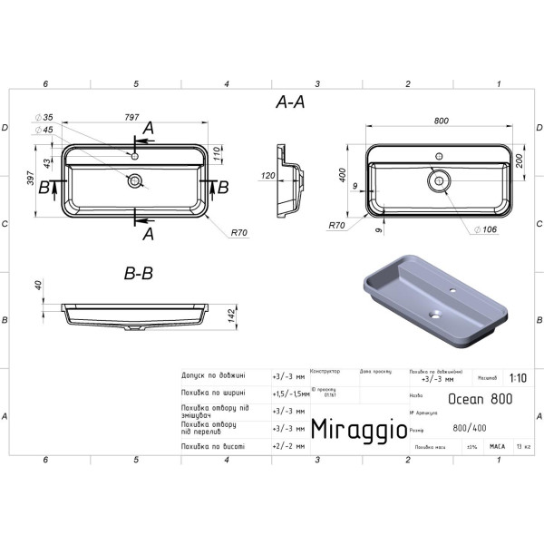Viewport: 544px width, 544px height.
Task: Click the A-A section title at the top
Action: pyautogui.click(x=288, y=103)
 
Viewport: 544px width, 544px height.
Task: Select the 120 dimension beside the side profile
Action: pyautogui.click(x=269, y=175)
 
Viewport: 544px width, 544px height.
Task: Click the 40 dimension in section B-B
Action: pyautogui.click(x=39, y=287)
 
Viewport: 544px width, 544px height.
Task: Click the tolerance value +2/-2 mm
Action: pyautogui.click(x=289, y=446)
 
